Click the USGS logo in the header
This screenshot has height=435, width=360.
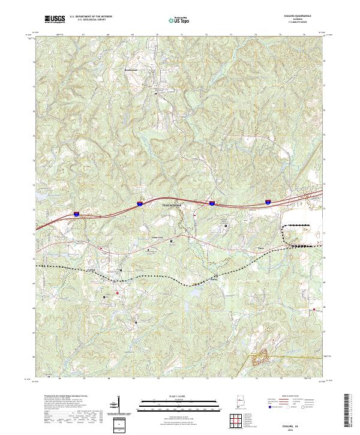(x=56, y=19)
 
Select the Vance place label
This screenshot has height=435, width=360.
(x=260, y=247)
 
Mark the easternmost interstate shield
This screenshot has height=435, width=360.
(x=268, y=202)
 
